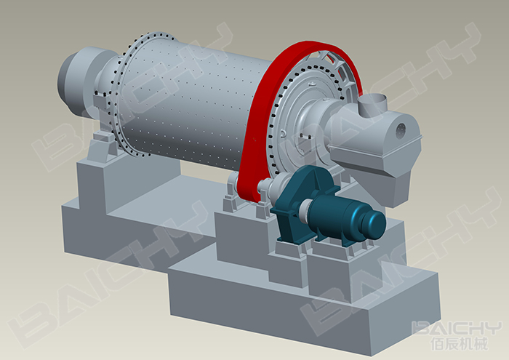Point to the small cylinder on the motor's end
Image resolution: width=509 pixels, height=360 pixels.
tap(375, 224)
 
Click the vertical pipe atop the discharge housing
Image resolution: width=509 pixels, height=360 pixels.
tap(372, 105)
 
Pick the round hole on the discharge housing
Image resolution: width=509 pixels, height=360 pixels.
tap(401, 130)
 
